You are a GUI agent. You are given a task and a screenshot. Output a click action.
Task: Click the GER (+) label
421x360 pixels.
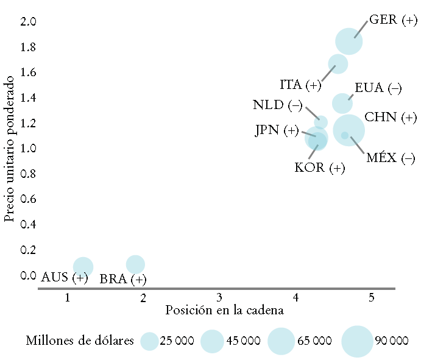click(393, 20)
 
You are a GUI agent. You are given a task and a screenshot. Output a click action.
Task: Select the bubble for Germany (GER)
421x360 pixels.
click(349, 42)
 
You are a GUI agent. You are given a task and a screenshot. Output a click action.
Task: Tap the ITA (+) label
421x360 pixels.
click(300, 85)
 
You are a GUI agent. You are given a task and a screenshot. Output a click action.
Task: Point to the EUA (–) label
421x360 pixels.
click(378, 88)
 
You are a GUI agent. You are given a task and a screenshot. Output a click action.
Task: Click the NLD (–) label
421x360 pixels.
click(277, 105)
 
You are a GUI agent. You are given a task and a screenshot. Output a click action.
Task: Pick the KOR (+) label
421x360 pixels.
click(319, 168)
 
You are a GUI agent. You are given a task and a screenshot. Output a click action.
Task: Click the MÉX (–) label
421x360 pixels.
click(391, 158)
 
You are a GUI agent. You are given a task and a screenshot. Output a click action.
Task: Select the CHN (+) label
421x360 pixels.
click(391, 117)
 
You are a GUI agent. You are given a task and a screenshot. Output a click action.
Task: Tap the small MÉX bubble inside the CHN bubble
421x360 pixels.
click(345, 135)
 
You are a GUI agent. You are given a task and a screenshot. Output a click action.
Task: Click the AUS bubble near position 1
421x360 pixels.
click(83, 266)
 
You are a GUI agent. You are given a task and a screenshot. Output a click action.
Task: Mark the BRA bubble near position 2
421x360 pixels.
click(135, 264)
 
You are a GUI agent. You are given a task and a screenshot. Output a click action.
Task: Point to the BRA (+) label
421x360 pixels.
click(123, 280)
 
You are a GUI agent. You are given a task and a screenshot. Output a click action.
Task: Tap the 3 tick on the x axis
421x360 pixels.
click(219, 298)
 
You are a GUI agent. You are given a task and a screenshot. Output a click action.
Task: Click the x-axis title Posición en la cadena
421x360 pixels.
click(225, 311)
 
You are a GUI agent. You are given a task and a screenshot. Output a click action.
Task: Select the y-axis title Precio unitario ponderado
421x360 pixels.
click(9, 148)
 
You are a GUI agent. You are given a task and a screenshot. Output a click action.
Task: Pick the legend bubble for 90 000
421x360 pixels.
click(356, 341)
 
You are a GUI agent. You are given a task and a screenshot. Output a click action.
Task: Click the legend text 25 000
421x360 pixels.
click(177, 341)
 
